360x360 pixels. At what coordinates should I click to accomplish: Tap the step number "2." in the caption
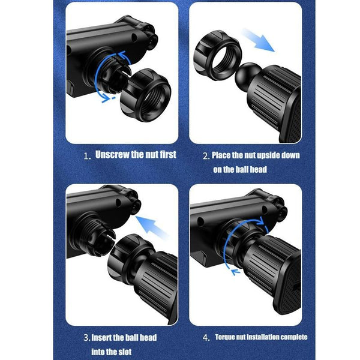pos(206,156)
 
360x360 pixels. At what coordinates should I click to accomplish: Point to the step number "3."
pos(86,338)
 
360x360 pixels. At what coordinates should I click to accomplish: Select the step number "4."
pos(206,338)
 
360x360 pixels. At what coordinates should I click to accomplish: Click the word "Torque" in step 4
pos(225,337)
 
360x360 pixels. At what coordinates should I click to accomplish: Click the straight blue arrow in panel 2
pos(258,40)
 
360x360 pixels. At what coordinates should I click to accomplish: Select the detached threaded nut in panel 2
pos(217,55)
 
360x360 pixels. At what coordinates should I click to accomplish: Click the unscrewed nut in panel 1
pos(146,95)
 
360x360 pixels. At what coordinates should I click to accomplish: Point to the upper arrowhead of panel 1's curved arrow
pos(123,55)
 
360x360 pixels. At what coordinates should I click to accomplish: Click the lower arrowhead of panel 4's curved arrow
pos(235,272)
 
